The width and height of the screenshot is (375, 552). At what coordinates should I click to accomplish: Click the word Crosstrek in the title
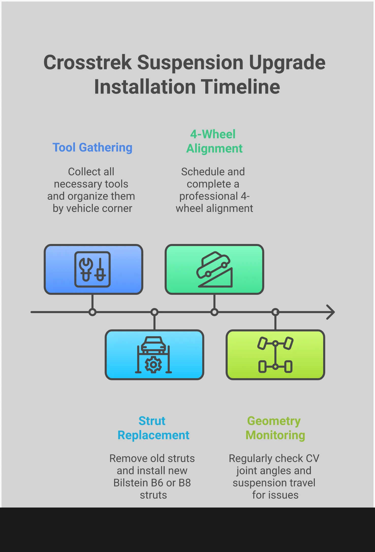point(88,63)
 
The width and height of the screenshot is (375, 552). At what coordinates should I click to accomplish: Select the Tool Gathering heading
point(92,148)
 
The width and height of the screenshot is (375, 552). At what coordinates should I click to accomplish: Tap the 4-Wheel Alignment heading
point(214,141)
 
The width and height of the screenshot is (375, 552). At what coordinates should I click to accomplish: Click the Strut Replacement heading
point(153,428)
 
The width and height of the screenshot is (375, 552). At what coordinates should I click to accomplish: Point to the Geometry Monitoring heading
point(275,428)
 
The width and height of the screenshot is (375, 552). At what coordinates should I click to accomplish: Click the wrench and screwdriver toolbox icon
point(92,269)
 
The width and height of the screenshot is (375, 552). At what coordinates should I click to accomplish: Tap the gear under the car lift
point(153,365)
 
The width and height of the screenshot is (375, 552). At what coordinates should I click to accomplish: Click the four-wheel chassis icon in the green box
point(275,355)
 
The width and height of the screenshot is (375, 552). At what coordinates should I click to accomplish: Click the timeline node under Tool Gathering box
point(92,312)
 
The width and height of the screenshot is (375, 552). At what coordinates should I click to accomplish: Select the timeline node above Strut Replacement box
point(154,312)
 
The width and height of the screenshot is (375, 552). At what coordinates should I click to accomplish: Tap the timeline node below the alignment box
point(214,312)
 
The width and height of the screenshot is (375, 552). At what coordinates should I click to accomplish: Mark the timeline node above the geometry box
point(275,312)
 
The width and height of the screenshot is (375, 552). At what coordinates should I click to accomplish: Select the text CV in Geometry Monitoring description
point(312,458)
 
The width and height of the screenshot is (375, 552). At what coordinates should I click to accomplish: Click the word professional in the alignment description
point(209,196)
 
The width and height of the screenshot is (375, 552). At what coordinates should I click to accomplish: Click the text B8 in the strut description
point(184,483)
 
